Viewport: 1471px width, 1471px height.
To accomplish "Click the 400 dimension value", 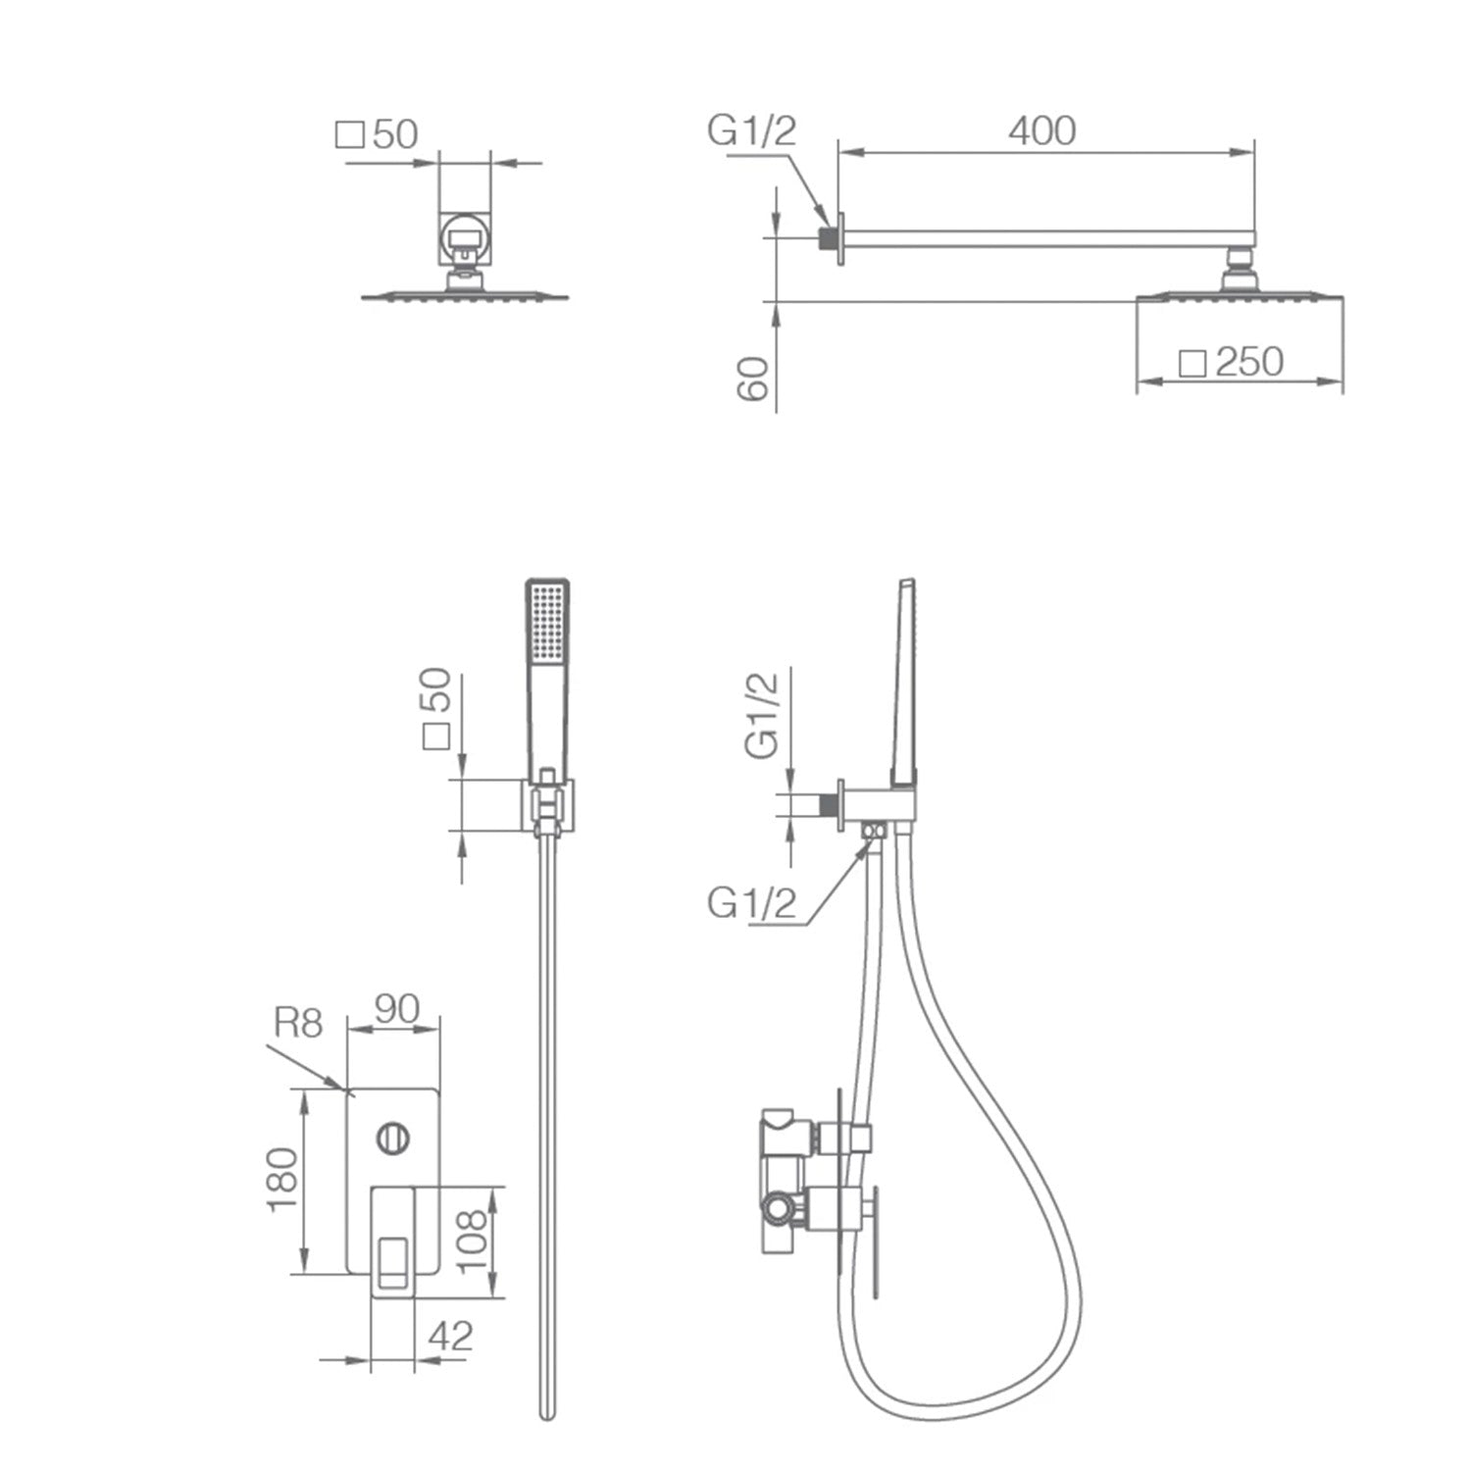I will (x=1041, y=130).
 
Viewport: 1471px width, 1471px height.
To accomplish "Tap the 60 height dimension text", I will (x=753, y=378).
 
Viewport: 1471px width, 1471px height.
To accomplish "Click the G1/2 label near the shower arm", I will (x=752, y=130).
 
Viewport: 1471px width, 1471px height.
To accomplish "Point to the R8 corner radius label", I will (x=297, y=1023).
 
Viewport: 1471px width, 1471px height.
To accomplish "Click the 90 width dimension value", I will (x=396, y=1009).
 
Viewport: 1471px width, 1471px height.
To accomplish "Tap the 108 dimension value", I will (x=472, y=1240).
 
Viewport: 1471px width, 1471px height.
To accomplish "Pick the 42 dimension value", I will (x=450, y=1336).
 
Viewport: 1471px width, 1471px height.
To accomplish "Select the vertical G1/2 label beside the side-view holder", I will (x=762, y=715).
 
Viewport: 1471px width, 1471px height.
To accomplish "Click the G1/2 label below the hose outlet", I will (x=752, y=903).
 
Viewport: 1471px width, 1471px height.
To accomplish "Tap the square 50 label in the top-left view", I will (x=378, y=134).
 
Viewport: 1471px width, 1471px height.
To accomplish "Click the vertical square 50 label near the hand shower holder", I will (x=435, y=708).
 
